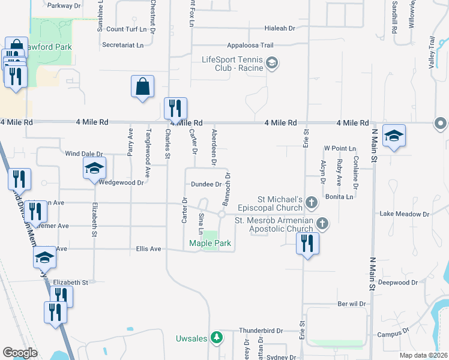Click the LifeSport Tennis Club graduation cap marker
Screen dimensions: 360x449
pyautogui.click(x=273, y=63)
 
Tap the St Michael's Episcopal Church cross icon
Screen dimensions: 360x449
pyautogui.click(x=312, y=203)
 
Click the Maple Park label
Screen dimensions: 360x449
pyautogui.click(x=209, y=243)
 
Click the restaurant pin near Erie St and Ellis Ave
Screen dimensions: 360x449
pyautogui.click(x=307, y=244)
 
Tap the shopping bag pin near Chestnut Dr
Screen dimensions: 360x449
pyautogui.click(x=143, y=86)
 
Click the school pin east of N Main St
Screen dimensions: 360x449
pyautogui.click(x=394, y=136)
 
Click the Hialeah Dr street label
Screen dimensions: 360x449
pyautogui.click(x=275, y=28)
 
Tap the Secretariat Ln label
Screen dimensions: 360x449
pyautogui.click(x=123, y=45)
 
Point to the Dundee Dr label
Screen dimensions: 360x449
pyautogui.click(x=206, y=185)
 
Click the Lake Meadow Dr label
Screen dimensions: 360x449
pyautogui.click(x=405, y=214)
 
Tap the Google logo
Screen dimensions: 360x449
pyautogui.click(x=19, y=353)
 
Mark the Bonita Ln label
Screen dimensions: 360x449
pyautogui.click(x=340, y=197)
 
